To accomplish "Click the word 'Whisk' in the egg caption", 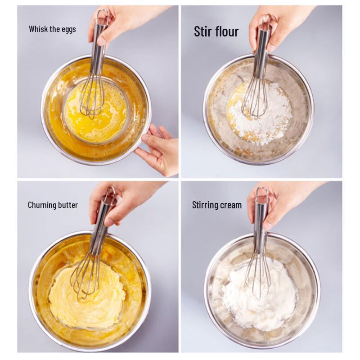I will (38, 29).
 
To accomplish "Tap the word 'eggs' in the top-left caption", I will (68, 30).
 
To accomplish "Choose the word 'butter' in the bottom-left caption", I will (68, 205).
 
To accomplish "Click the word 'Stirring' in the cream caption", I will (206, 205).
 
